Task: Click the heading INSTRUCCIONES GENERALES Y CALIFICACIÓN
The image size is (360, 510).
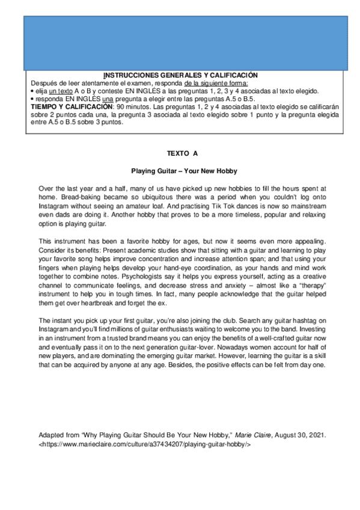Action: (180, 75)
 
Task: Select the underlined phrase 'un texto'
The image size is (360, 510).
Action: (61, 90)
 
